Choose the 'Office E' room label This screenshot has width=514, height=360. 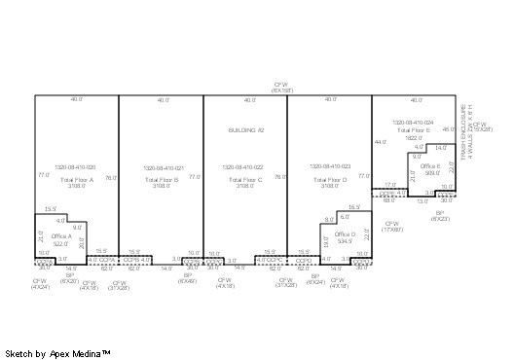tap(430, 166)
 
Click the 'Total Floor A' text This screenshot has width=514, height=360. tap(77, 180)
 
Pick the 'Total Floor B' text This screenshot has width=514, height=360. tap(161, 180)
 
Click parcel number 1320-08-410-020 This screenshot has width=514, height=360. tap(77, 166)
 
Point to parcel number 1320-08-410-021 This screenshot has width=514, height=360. tap(161, 166)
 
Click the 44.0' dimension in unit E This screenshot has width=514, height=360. tap(379, 142)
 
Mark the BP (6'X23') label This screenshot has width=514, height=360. tap(440, 214)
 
